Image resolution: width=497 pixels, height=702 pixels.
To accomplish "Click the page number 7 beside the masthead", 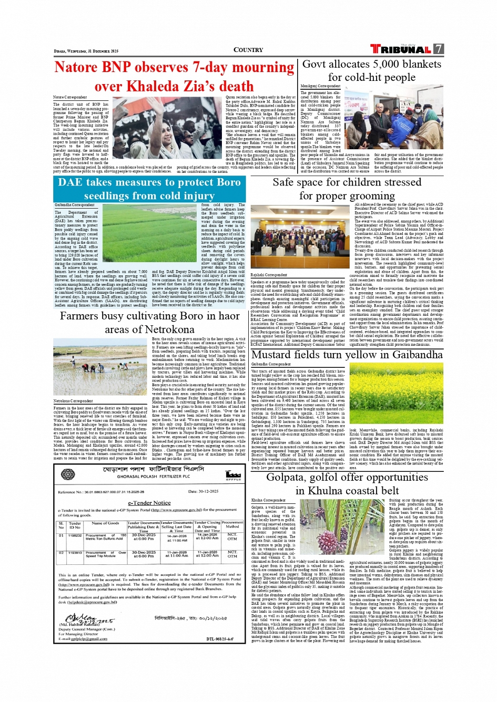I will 438,49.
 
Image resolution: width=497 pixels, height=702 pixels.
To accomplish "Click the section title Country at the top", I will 248,50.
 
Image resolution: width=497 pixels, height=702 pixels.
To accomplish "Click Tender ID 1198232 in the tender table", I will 75,535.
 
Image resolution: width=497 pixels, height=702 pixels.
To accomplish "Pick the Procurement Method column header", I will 232,524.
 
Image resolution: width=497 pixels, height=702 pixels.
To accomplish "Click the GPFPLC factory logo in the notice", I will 233,475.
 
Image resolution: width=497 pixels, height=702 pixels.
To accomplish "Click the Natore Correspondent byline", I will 70,97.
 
